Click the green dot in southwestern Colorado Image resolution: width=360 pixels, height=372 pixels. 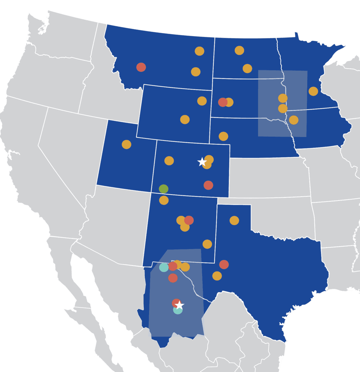pos(163,189)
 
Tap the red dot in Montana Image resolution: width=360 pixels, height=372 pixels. pos(141,67)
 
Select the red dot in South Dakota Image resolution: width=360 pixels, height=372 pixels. pos(223,102)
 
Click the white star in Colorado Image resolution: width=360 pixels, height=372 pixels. pos(202,162)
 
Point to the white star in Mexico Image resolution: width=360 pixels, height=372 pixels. pos(180,305)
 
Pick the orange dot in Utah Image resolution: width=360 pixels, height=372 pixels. pos(127,144)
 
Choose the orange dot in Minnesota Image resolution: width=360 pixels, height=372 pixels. pos(313,91)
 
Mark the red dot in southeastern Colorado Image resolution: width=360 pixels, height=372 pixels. pos(208,185)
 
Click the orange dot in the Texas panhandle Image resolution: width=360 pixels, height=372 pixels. pos(234,221)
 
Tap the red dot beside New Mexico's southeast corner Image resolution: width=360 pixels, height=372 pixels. pos(224,265)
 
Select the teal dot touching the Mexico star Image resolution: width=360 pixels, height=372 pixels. pos(178,310)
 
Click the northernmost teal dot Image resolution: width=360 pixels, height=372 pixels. pos(164,267)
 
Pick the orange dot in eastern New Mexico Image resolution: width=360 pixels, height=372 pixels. pos(207,244)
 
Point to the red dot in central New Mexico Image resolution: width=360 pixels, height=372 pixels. pos(189,220)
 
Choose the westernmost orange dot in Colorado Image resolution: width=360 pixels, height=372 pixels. pos(169,161)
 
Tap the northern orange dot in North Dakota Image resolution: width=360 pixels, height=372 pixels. pos(239,50)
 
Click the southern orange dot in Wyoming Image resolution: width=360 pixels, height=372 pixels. pos(185,119)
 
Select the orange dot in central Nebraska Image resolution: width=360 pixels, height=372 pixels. pos(224,136)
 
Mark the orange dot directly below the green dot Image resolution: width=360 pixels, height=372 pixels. pos(164,201)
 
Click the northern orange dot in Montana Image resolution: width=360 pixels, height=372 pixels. pos(200,51)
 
